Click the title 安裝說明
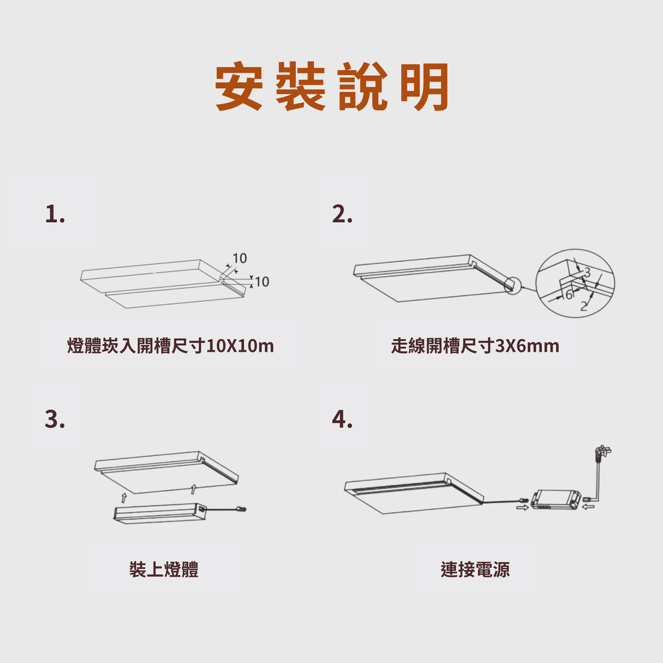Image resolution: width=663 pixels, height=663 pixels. (331, 86)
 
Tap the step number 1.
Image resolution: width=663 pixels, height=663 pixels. (55, 214)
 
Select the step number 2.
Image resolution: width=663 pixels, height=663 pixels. (342, 214)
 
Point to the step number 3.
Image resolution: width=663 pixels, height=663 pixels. (55, 419)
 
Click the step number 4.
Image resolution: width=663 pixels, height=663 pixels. (342, 419)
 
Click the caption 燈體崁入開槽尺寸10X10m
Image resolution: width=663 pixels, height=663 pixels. (170, 346)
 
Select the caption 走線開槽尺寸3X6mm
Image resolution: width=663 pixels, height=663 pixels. (475, 346)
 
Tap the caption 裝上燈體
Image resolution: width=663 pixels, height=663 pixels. (164, 569)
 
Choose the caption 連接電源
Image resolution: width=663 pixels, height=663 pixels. (475, 569)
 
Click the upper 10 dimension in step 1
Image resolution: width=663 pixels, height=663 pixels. (240, 258)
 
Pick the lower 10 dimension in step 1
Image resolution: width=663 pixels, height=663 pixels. (262, 282)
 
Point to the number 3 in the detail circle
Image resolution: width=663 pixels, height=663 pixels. (587, 272)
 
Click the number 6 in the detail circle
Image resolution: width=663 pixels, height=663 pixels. (569, 295)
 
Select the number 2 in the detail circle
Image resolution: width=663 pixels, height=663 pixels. (584, 306)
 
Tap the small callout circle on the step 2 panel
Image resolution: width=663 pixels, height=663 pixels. (513, 286)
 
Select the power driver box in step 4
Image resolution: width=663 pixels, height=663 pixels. (555, 500)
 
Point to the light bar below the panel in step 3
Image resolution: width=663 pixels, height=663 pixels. (159, 513)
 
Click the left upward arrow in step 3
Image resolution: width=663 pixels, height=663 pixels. (124, 497)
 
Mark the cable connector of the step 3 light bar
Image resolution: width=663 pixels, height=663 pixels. (242, 509)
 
